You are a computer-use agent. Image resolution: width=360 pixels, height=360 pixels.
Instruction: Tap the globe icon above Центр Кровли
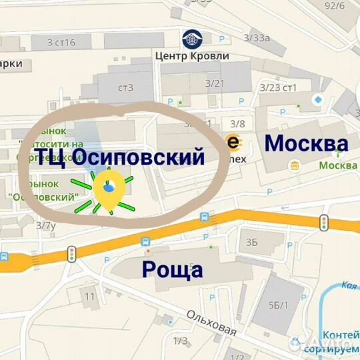click(x=191, y=39)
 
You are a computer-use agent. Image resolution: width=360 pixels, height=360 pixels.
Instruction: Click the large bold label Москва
click(x=306, y=143)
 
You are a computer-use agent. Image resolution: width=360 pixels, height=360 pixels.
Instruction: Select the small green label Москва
click(x=337, y=165)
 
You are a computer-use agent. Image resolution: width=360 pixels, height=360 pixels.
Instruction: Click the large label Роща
click(x=173, y=269)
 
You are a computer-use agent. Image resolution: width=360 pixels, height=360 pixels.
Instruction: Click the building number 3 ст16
click(x=61, y=43)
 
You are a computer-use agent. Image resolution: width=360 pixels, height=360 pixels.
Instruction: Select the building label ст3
click(x=126, y=87)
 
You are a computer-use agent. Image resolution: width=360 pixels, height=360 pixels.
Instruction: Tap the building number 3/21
click(x=215, y=83)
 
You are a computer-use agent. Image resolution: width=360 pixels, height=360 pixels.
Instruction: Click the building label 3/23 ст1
click(x=278, y=87)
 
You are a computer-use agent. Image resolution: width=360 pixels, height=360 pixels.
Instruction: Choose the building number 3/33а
click(x=256, y=38)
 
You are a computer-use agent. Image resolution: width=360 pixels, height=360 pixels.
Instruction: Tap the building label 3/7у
click(x=46, y=226)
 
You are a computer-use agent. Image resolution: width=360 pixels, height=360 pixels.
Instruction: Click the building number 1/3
click(x=180, y=341)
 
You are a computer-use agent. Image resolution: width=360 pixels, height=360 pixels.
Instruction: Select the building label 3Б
click(x=251, y=241)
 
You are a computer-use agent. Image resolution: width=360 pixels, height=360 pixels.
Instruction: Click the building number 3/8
click(x=237, y=123)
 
